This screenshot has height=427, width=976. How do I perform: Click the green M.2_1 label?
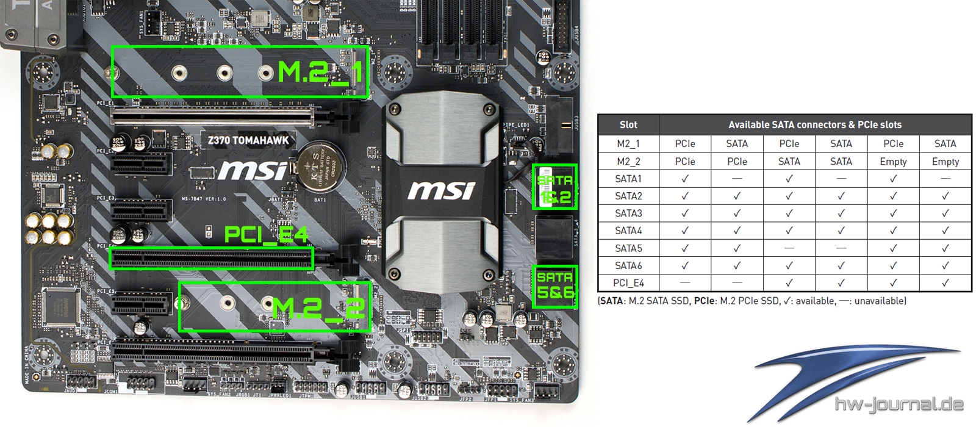tap(320, 73)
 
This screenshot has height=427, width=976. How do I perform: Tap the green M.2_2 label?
tap(319, 309)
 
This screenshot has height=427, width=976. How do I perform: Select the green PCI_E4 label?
tap(266, 235)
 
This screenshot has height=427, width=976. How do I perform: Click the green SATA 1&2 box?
tap(554, 187)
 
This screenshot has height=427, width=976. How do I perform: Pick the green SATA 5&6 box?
tap(554, 286)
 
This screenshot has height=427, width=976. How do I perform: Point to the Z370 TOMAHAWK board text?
tap(248, 140)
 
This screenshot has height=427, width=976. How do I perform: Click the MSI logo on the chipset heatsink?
tap(441, 190)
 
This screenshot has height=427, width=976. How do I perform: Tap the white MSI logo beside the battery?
tap(253, 171)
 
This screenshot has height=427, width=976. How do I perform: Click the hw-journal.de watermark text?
tap(899, 404)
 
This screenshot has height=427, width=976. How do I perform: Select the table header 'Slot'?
tap(628, 125)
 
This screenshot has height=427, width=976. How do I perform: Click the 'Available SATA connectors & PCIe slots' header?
tap(815, 125)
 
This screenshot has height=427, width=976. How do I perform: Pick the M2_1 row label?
tap(628, 144)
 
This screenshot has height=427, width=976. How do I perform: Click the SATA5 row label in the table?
tap(628, 248)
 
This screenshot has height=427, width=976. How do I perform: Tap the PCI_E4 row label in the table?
tap(628, 283)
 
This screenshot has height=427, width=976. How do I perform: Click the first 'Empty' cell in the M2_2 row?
tap(893, 162)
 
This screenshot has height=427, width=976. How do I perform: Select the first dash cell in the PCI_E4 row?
tap(685, 283)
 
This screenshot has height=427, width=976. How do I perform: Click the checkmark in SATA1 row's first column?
tap(685, 179)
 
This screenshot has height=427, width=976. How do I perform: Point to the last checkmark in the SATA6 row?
tap(945, 266)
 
